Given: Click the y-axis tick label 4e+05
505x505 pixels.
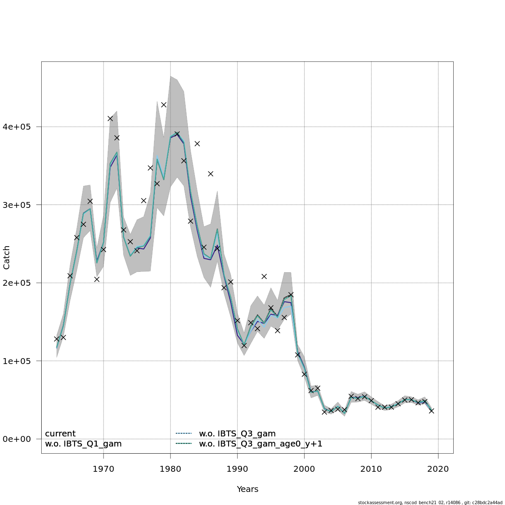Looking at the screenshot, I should [20, 127].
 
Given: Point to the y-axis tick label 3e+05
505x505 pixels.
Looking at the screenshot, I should [20, 205].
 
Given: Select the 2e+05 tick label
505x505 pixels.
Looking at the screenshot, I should [20, 283].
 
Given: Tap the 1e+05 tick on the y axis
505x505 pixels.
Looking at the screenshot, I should [20, 361].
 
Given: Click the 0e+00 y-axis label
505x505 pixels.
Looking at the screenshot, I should [20, 439].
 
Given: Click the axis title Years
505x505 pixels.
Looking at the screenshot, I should [247, 489].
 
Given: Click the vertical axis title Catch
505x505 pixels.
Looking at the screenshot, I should [7, 258].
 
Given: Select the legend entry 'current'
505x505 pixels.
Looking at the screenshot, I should [60, 434].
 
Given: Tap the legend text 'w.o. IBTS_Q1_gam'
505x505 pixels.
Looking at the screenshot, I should [83, 444].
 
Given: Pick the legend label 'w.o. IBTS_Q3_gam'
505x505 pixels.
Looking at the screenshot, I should [237, 434].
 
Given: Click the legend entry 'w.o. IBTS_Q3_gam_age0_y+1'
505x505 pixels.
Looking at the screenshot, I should [260, 444].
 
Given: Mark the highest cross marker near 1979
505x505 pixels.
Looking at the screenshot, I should [164, 105].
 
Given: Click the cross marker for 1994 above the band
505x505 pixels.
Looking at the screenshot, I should [264, 276].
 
